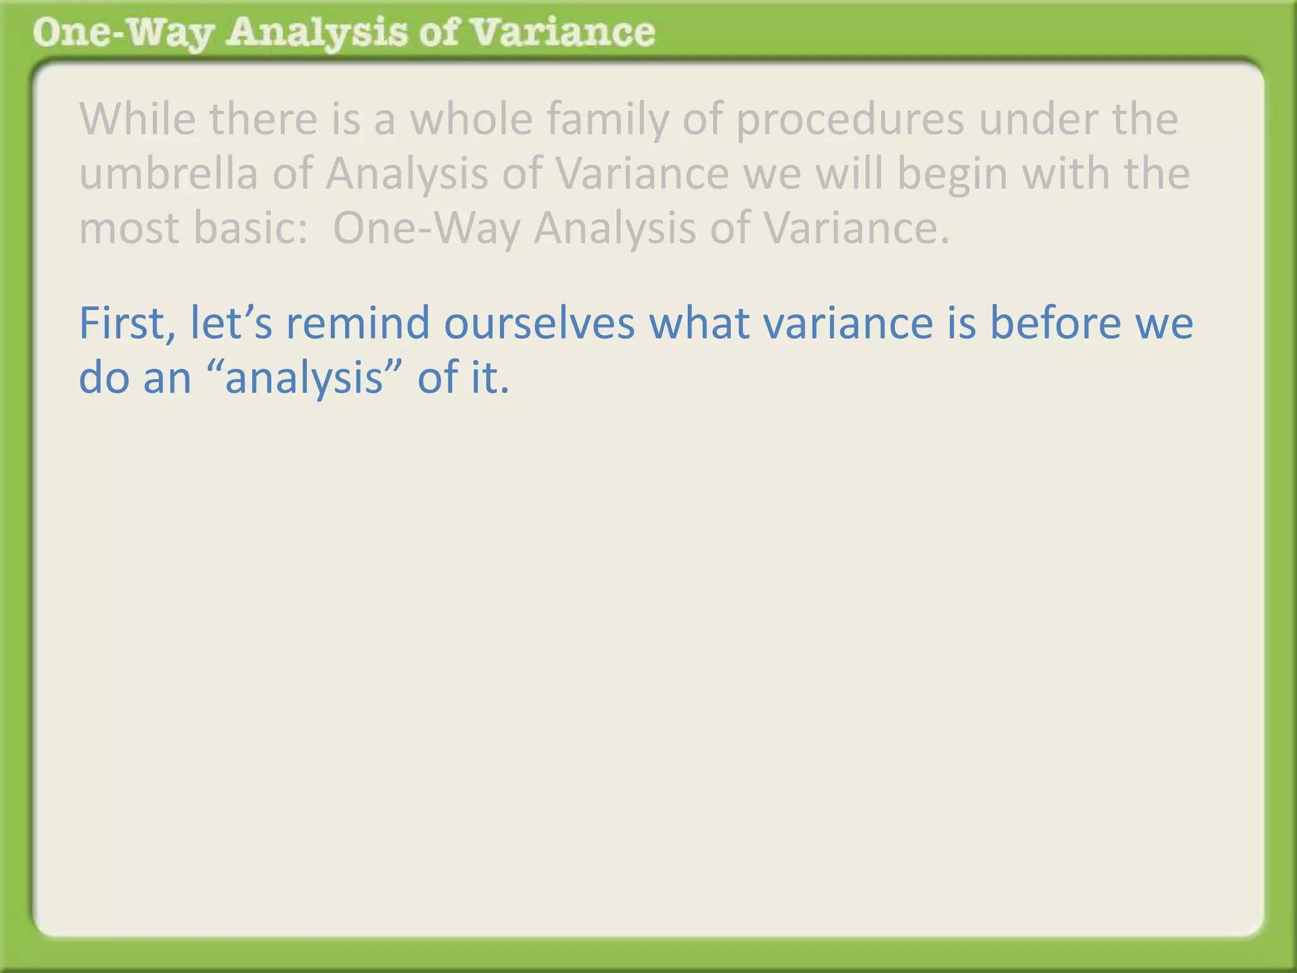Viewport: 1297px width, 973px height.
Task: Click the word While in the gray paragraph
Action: pyautogui.click(x=137, y=119)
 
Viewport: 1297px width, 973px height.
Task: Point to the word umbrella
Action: pyautogui.click(x=168, y=174)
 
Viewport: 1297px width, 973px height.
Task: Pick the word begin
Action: pyautogui.click(x=952, y=174)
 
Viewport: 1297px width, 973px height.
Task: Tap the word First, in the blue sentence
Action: pyautogui.click(x=127, y=323)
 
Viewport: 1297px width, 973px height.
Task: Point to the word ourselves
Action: pyautogui.click(x=539, y=323)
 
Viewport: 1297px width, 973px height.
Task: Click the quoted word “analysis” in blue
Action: pyautogui.click(x=305, y=378)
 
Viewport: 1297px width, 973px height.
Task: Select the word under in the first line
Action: pyautogui.click(x=1039, y=119)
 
